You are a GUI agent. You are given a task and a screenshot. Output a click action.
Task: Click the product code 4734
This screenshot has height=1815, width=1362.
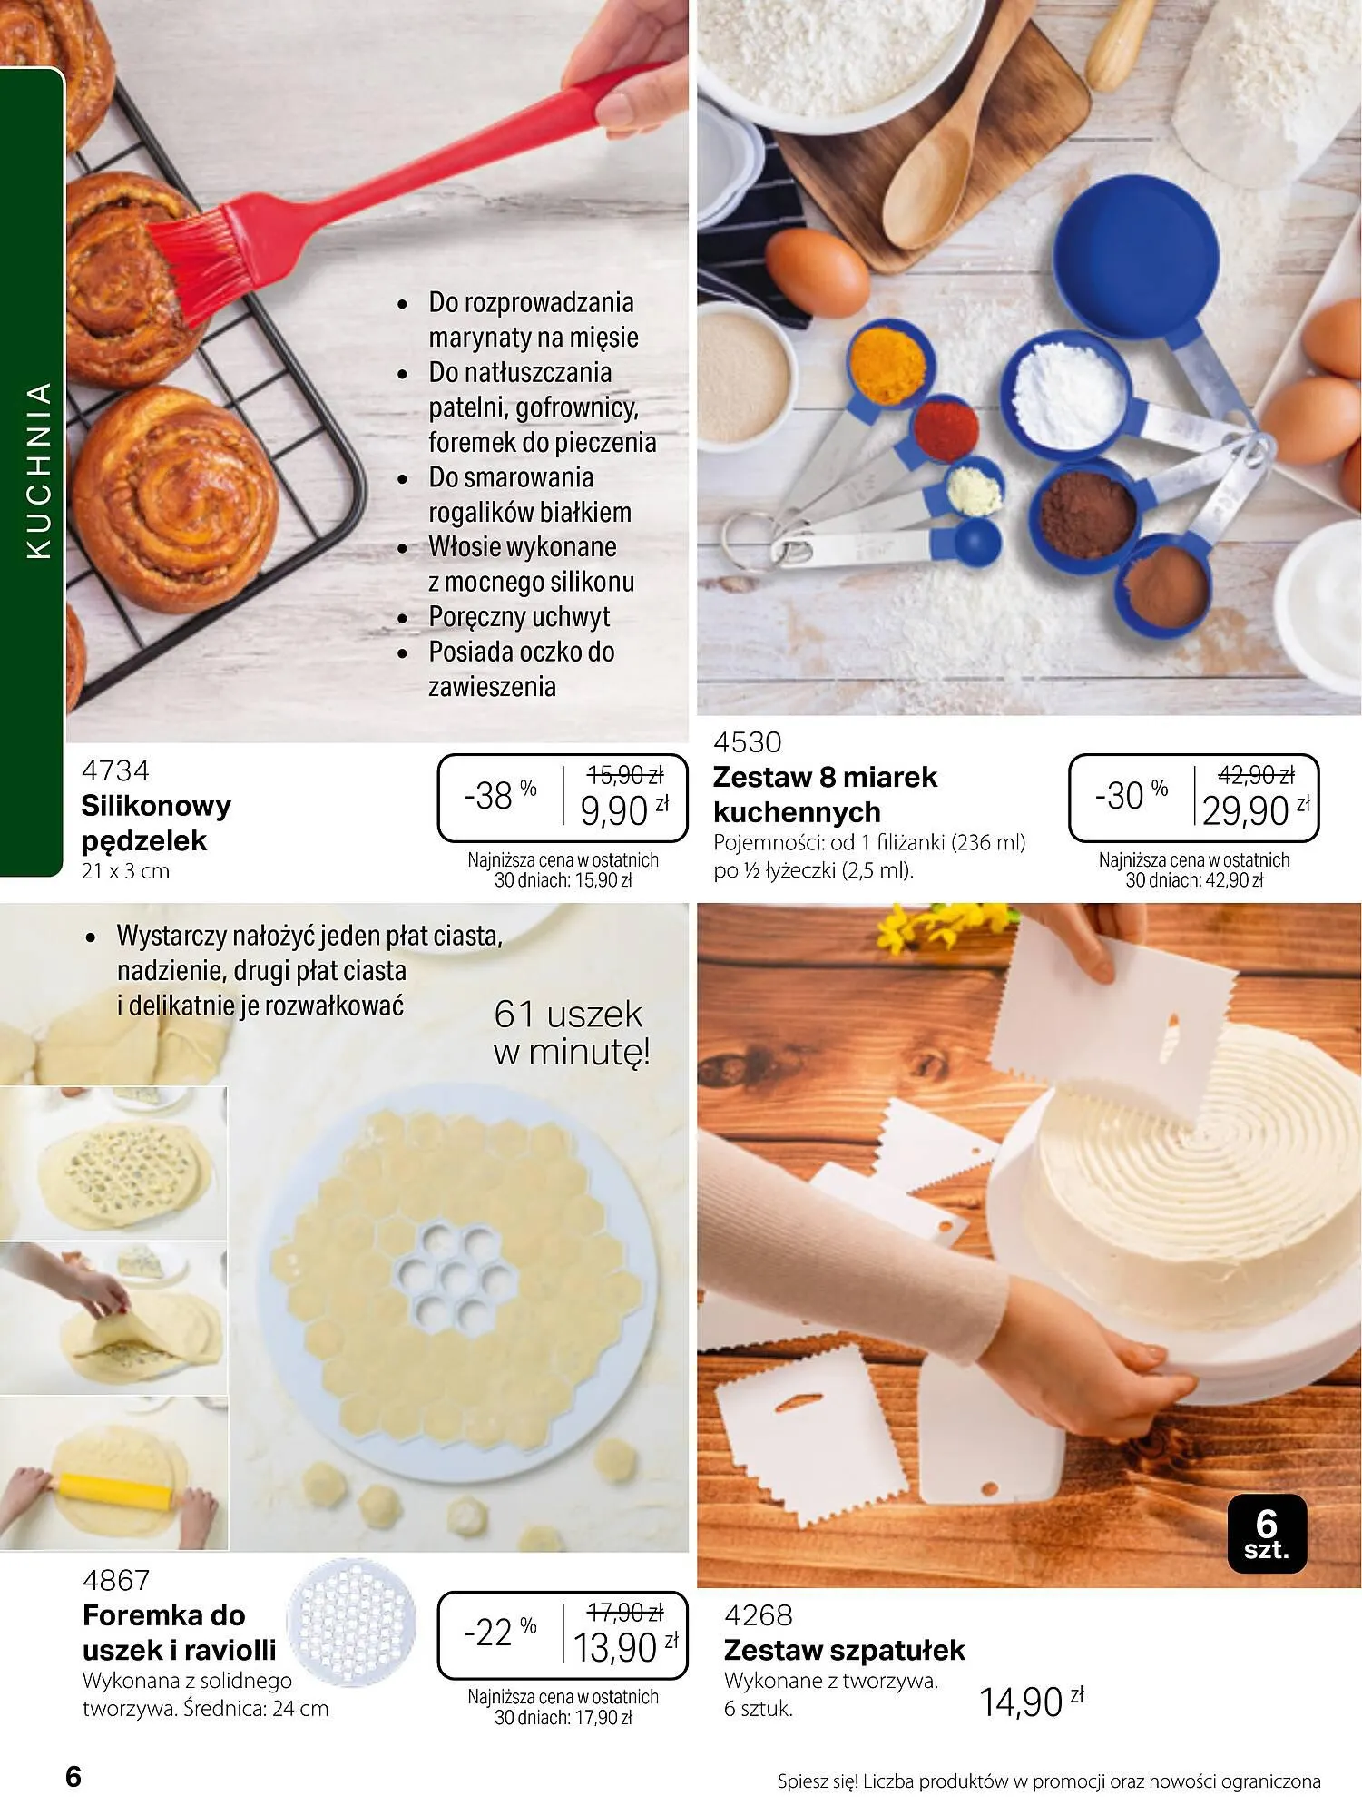coord(115,771)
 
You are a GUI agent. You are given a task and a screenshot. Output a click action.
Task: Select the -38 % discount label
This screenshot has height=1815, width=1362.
coord(500,795)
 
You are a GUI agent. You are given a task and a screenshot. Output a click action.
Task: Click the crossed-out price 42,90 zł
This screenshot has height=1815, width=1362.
coord(1255,775)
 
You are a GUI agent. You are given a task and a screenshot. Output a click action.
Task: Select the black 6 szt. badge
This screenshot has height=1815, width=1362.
coord(1266,1533)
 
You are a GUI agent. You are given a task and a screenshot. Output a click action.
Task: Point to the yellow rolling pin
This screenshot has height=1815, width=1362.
coord(114,1492)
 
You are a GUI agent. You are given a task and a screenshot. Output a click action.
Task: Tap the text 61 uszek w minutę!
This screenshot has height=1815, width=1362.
coord(571,1033)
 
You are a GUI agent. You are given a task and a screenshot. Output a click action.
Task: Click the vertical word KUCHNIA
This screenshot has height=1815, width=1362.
coord(38,470)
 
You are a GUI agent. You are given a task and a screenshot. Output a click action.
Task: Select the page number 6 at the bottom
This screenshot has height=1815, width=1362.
coord(73,1776)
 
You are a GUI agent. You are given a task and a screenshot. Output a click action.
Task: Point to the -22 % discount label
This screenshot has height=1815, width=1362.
coord(500,1633)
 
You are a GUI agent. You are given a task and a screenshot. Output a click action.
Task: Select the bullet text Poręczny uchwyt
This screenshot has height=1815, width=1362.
coord(519,617)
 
